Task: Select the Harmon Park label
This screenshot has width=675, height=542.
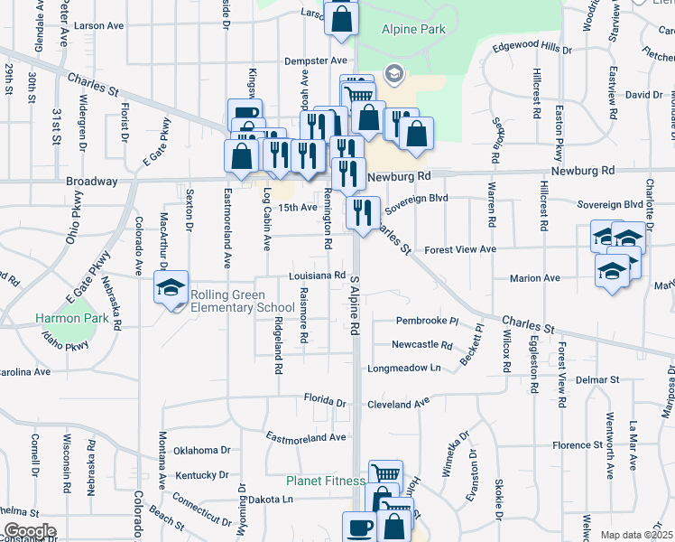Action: point(71,319)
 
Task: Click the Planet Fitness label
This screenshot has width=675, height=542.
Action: point(326,481)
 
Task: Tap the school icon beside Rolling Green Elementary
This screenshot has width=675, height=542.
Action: point(171,287)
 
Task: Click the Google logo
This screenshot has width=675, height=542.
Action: point(30,531)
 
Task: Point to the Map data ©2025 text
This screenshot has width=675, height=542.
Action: point(636,535)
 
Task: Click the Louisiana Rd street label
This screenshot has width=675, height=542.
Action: point(318,276)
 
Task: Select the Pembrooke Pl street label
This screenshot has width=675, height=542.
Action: point(428,321)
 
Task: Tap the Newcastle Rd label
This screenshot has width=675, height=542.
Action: point(421,344)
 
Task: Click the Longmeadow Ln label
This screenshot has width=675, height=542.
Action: point(403,368)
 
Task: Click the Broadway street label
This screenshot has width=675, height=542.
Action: point(92,182)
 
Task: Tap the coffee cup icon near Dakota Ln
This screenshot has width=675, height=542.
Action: point(359,527)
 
